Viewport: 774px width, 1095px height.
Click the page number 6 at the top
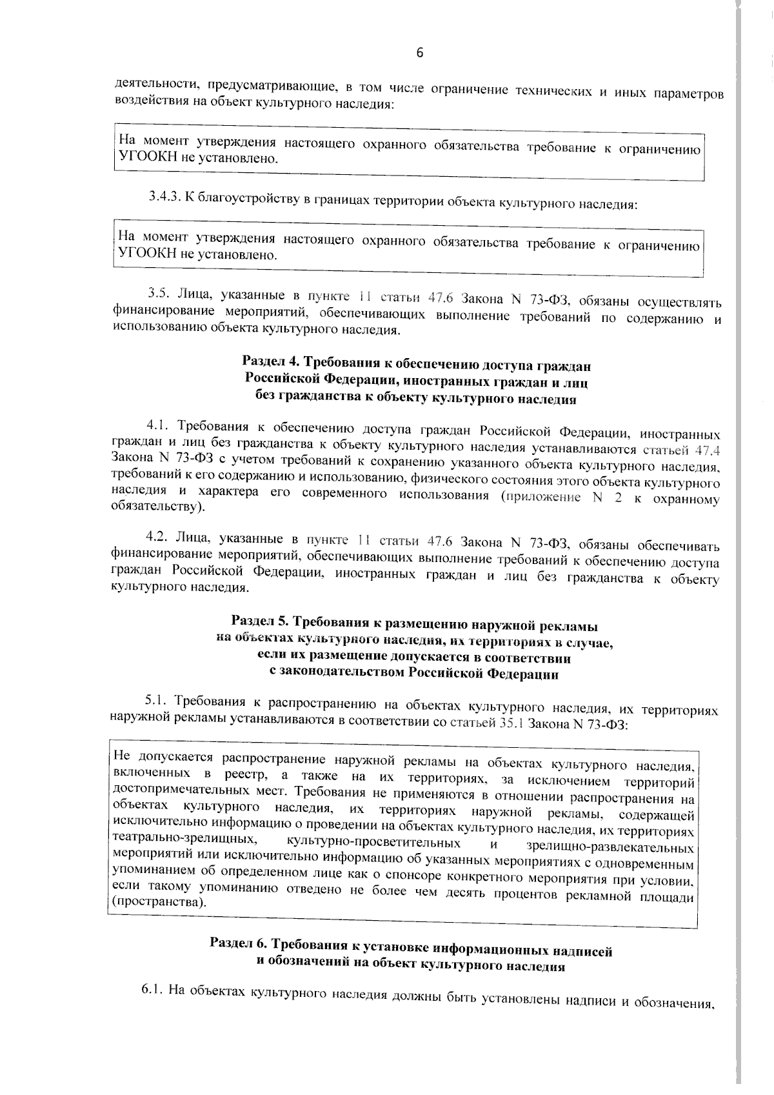click(x=419, y=54)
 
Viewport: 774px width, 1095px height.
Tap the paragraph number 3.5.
click(x=158, y=294)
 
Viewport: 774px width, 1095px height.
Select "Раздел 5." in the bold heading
click(x=260, y=624)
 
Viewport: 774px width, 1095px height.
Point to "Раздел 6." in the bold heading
click(x=239, y=944)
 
